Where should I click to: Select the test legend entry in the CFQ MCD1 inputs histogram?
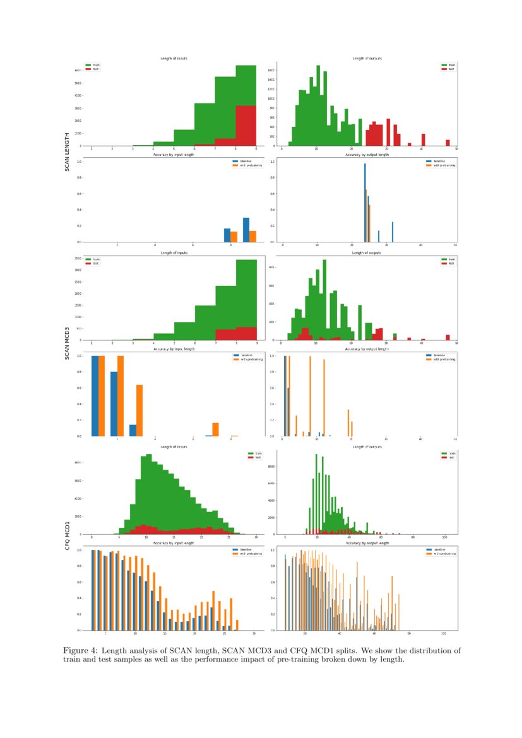[254, 457]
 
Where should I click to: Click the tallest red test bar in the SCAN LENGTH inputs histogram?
[246, 126]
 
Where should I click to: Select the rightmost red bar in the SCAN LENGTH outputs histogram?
[448, 143]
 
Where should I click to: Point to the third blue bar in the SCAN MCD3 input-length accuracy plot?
[133, 430]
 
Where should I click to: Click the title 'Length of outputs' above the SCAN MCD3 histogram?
[367, 253]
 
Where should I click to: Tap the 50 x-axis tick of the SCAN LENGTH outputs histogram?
[456, 149]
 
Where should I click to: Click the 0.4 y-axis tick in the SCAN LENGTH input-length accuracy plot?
[79, 210]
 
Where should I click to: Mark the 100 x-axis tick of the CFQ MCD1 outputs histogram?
[445, 537]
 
